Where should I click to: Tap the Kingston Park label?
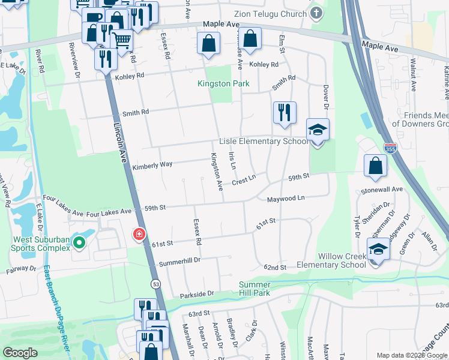click(223, 84)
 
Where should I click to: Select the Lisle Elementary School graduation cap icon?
click(318, 130)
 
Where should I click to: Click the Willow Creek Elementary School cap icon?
click(379, 250)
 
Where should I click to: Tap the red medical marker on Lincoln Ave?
click(139, 233)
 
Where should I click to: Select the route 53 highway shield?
click(155, 284)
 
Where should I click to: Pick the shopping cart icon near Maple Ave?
click(122, 41)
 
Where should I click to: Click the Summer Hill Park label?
click(255, 289)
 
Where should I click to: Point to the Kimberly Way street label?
click(152, 164)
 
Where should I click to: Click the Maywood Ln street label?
click(286, 198)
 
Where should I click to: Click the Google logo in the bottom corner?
click(20, 352)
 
